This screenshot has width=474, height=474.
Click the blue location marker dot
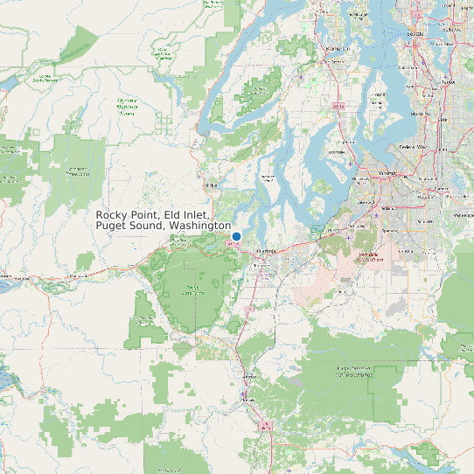(236, 236)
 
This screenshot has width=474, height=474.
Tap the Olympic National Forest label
(127, 106)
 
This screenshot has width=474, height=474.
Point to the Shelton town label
(210, 185)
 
